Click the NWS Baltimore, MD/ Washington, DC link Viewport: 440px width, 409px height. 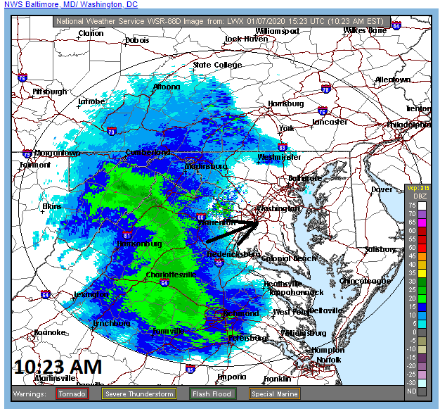pyautogui.click(x=71, y=5)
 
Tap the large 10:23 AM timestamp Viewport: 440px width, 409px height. pyautogui.click(x=58, y=366)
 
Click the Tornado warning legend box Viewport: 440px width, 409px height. pyautogui.click(x=72, y=394)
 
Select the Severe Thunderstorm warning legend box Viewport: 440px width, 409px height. pyautogui.click(x=141, y=394)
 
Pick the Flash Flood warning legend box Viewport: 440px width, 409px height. pyautogui.click(x=212, y=394)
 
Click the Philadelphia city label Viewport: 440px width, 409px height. pyautogui.click(x=408, y=125)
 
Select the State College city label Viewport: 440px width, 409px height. pyautogui.click(x=217, y=65)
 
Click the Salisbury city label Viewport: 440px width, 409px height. pyautogui.click(x=380, y=249)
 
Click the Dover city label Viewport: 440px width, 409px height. pyautogui.click(x=382, y=189)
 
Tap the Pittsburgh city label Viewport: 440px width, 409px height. pyautogui.click(x=49, y=92)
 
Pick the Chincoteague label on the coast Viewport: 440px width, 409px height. pyautogui.click(x=363, y=281)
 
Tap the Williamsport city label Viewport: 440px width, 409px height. pyautogui.click(x=278, y=32)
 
